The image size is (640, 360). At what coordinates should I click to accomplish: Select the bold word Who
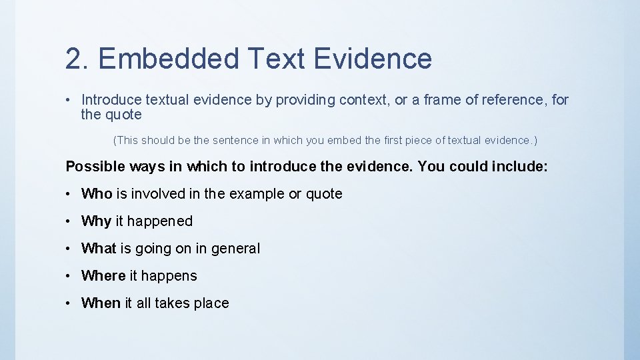click(97, 194)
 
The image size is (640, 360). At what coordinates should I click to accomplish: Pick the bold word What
click(99, 249)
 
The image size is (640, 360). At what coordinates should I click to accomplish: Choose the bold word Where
click(103, 276)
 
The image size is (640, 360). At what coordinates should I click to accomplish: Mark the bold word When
click(101, 303)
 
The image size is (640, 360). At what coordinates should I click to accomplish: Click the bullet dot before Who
click(69, 195)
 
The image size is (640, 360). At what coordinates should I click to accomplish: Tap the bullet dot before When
click(69, 303)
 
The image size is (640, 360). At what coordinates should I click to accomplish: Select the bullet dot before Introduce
click(69, 100)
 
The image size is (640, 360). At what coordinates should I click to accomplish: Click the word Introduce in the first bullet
click(111, 100)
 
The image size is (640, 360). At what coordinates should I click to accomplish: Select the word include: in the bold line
click(519, 167)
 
